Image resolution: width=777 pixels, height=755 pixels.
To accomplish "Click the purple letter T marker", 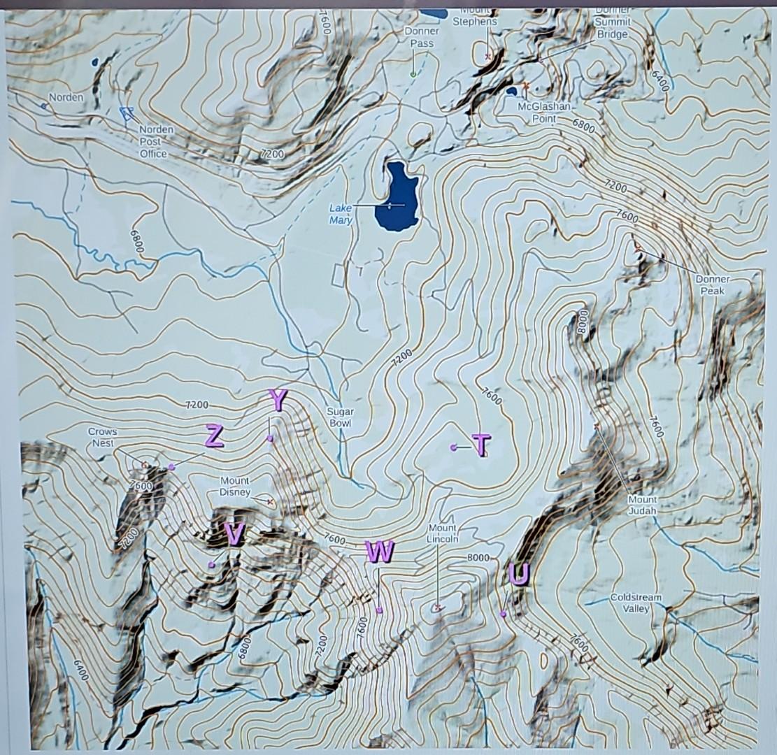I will [481, 444].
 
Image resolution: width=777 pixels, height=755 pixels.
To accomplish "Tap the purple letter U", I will [518, 574].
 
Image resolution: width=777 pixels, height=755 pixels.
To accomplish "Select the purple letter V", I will [234, 534].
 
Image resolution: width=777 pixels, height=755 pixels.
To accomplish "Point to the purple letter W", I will [379, 552].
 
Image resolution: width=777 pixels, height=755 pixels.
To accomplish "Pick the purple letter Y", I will [278, 401].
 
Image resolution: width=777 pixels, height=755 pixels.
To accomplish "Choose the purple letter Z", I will [214, 436].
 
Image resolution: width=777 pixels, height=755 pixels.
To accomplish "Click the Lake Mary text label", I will [341, 214].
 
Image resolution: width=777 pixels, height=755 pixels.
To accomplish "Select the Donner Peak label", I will [712, 285].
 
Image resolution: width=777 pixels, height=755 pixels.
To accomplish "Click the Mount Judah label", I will [641, 505].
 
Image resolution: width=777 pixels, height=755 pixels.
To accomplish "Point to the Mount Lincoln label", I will [442, 533].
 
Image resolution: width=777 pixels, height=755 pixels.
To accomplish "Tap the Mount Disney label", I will [235, 487].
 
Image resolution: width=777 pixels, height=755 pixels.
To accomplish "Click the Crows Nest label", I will [103, 437].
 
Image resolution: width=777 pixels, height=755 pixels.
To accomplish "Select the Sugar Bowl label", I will [340, 417].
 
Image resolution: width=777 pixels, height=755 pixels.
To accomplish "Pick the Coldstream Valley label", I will [635, 603].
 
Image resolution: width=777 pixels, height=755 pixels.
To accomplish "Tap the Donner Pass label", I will [422, 37].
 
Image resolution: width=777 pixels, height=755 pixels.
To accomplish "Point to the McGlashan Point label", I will [544, 112].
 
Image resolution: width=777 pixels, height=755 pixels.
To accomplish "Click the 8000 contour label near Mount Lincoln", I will [478, 557].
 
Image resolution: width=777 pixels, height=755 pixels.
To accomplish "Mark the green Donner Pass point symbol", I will [413, 73].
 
